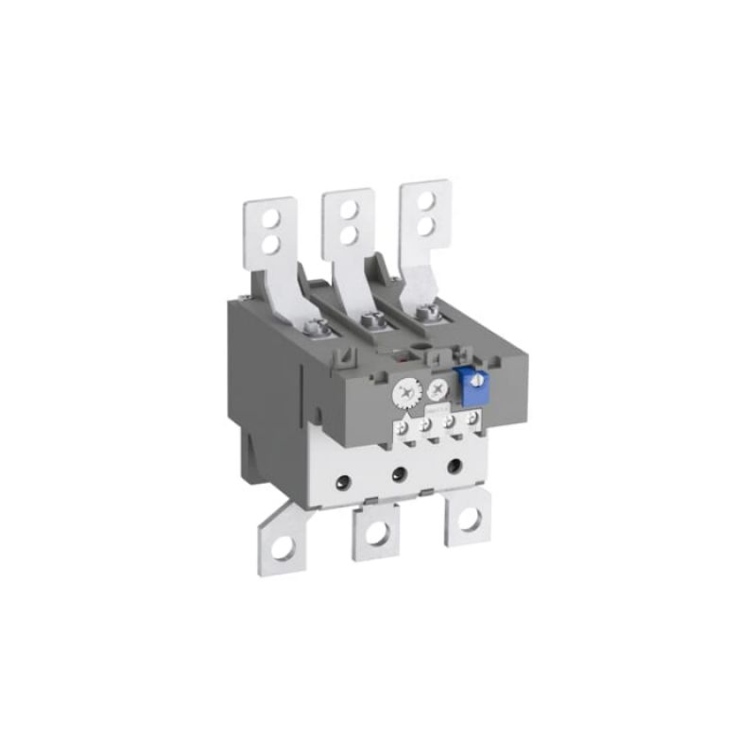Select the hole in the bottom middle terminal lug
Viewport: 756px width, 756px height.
click(377, 533)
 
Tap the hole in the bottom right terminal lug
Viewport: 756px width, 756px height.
click(468, 519)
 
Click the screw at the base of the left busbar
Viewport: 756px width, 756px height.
click(318, 329)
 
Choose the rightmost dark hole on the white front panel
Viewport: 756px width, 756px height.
click(456, 465)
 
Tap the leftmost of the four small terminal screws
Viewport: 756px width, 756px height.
click(407, 427)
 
